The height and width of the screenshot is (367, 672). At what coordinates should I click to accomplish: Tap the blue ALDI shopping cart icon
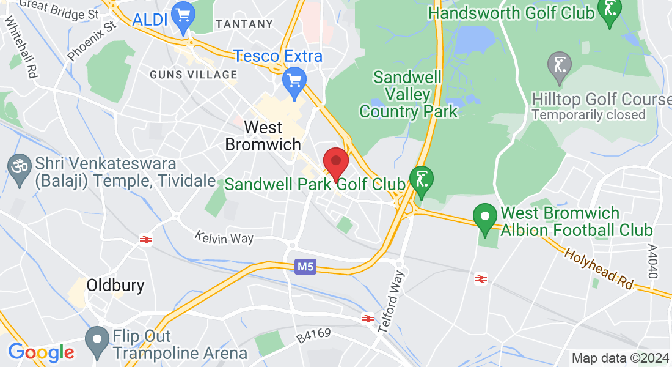tap(183, 17)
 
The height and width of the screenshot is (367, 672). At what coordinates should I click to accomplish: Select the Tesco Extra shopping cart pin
tap(294, 81)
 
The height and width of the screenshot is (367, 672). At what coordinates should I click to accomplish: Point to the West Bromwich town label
tap(263, 136)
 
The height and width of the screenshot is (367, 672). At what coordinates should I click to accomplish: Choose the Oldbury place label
tap(115, 285)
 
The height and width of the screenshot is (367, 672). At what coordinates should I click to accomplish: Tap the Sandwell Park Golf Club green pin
tap(421, 181)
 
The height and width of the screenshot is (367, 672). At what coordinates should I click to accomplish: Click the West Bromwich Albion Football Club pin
tap(485, 218)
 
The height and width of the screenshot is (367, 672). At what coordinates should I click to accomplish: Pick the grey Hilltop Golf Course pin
tap(560, 66)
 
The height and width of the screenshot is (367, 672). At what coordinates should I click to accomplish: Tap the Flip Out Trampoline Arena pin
tap(97, 340)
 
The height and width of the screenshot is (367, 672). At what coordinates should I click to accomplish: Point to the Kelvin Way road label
tap(224, 237)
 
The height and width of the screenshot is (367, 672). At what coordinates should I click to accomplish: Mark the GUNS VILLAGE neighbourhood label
tap(194, 75)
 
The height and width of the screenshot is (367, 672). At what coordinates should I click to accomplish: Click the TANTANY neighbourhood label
tap(244, 24)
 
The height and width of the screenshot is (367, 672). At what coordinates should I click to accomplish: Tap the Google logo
tap(41, 352)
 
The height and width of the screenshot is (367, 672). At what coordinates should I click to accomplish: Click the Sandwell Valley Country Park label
tap(408, 95)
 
